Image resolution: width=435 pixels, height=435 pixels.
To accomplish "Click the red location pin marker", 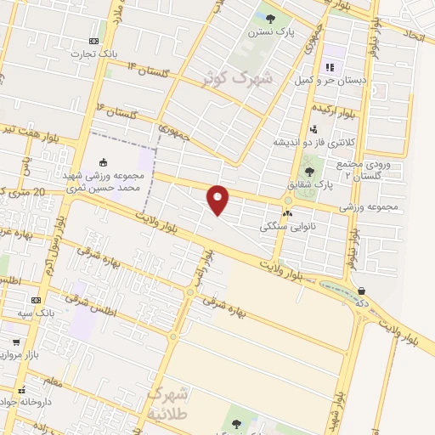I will (218, 199).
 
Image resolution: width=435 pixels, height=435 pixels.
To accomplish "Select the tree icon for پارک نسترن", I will (270, 17).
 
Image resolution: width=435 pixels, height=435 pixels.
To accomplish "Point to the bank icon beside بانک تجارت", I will (93, 41).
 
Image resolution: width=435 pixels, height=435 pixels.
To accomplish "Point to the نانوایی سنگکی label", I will (287, 228).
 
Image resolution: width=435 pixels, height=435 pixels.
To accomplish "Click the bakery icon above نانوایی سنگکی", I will (287, 213).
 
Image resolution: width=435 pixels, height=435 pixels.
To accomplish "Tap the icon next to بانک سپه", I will (36, 300).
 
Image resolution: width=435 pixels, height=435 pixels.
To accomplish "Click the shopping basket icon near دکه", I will (362, 291).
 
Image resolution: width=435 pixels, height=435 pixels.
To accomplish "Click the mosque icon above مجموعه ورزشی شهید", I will (104, 162).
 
